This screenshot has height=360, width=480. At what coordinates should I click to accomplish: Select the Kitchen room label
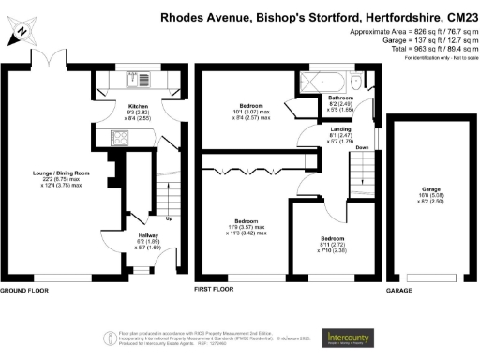(x=139, y=107)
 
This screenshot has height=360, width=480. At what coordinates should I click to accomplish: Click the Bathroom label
(x=340, y=97)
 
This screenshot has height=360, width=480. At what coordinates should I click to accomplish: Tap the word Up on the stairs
(x=169, y=219)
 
